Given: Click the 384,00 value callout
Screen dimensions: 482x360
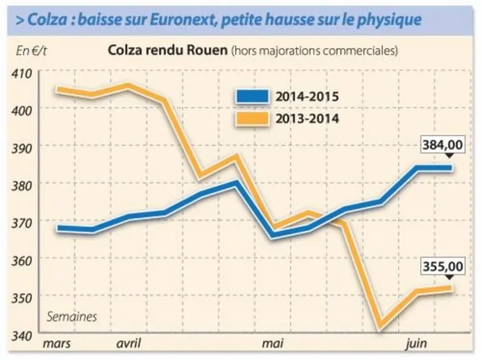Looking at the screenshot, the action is [x=442, y=144].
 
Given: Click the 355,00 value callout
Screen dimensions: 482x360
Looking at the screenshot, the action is [x=443, y=266].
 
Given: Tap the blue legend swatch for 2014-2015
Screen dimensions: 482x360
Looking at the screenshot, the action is [x=253, y=96].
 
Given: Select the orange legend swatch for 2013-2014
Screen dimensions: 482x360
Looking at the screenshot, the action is [x=253, y=119].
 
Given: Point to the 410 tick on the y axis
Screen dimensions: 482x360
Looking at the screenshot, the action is [x=22, y=74].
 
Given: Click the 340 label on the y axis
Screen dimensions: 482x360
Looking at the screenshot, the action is [x=22, y=336].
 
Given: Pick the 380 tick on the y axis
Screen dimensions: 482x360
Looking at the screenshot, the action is [x=22, y=186].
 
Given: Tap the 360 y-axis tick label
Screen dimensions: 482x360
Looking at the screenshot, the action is [x=22, y=261].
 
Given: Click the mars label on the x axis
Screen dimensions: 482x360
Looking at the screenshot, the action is [x=57, y=343].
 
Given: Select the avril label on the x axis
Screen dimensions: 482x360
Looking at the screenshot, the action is [x=129, y=343].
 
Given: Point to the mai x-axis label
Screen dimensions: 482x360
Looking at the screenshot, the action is [x=273, y=343].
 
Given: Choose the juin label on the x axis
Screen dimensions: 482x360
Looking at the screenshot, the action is [x=416, y=344].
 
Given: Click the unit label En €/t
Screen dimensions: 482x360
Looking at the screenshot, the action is [x=31, y=51].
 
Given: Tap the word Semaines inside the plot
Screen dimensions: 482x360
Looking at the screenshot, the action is [x=72, y=317].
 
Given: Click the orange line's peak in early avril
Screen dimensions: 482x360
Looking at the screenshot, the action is [x=128, y=86].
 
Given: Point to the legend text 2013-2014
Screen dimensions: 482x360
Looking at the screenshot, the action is [x=307, y=119].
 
